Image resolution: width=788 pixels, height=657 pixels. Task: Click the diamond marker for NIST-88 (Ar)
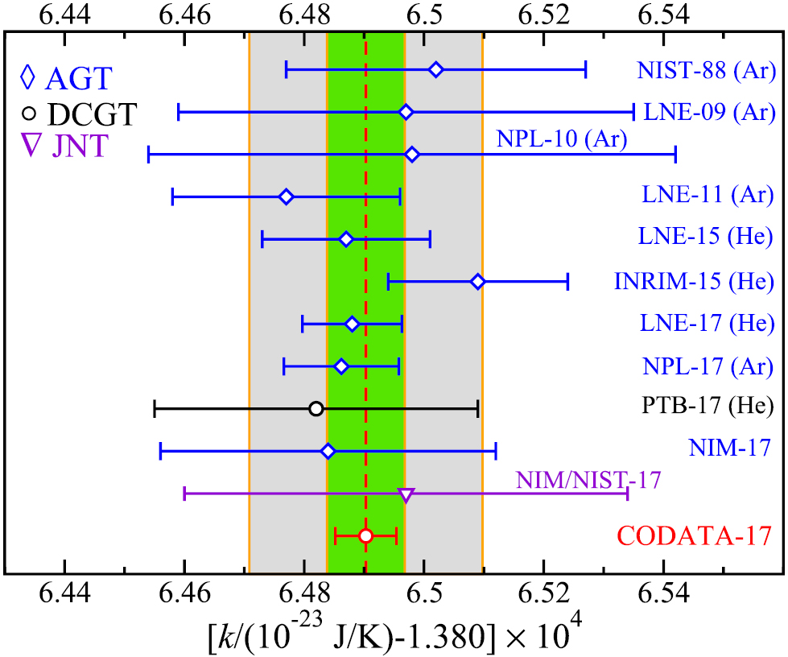[x=436, y=70]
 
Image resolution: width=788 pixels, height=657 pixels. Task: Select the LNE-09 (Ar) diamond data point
[x=406, y=112]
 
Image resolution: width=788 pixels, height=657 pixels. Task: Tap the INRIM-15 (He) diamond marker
[x=478, y=282]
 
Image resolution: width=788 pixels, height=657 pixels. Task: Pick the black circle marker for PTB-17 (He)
[x=316, y=409]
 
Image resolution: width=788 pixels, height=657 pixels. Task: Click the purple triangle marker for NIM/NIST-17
[x=406, y=495]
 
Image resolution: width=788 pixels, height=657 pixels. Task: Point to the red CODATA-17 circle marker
[x=365, y=536]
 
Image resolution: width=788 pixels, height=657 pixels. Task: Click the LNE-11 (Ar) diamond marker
[x=286, y=197]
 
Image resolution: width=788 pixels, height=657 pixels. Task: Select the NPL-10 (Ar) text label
[x=561, y=138]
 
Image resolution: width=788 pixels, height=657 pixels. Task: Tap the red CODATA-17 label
[x=695, y=535]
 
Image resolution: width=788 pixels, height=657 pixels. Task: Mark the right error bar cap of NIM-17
[x=496, y=451]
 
